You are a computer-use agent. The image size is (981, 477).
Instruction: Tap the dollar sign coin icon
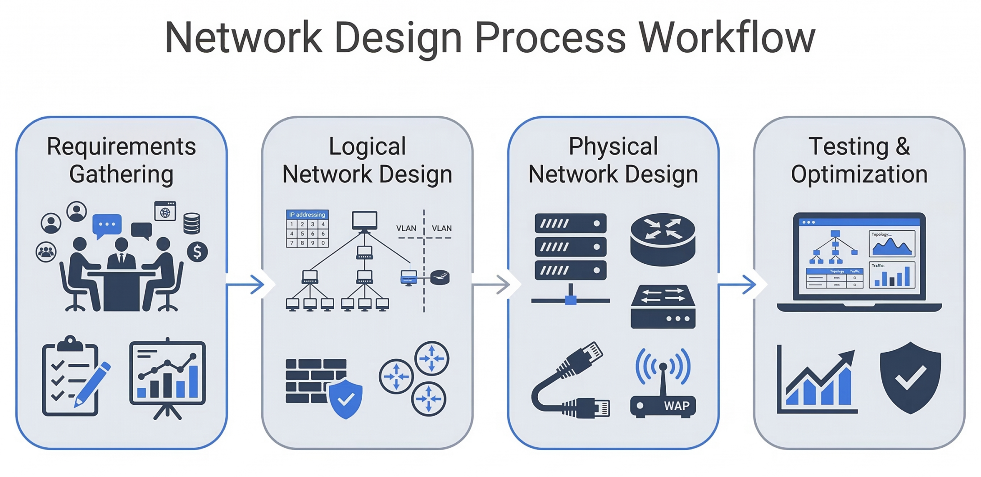tap(197, 252)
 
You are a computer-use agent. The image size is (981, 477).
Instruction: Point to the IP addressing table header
tap(307, 215)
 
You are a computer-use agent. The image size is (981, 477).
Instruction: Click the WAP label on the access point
tap(676, 406)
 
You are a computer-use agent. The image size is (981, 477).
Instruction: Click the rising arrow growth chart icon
tap(817, 381)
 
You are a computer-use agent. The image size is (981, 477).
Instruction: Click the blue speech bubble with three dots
tap(107, 225)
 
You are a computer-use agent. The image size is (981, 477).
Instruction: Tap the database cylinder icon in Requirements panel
tap(191, 223)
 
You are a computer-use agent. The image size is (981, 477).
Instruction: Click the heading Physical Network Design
tap(613, 160)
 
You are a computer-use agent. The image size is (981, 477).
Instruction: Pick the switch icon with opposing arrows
tap(663, 306)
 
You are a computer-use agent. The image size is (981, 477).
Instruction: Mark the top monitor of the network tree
tap(364, 220)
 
